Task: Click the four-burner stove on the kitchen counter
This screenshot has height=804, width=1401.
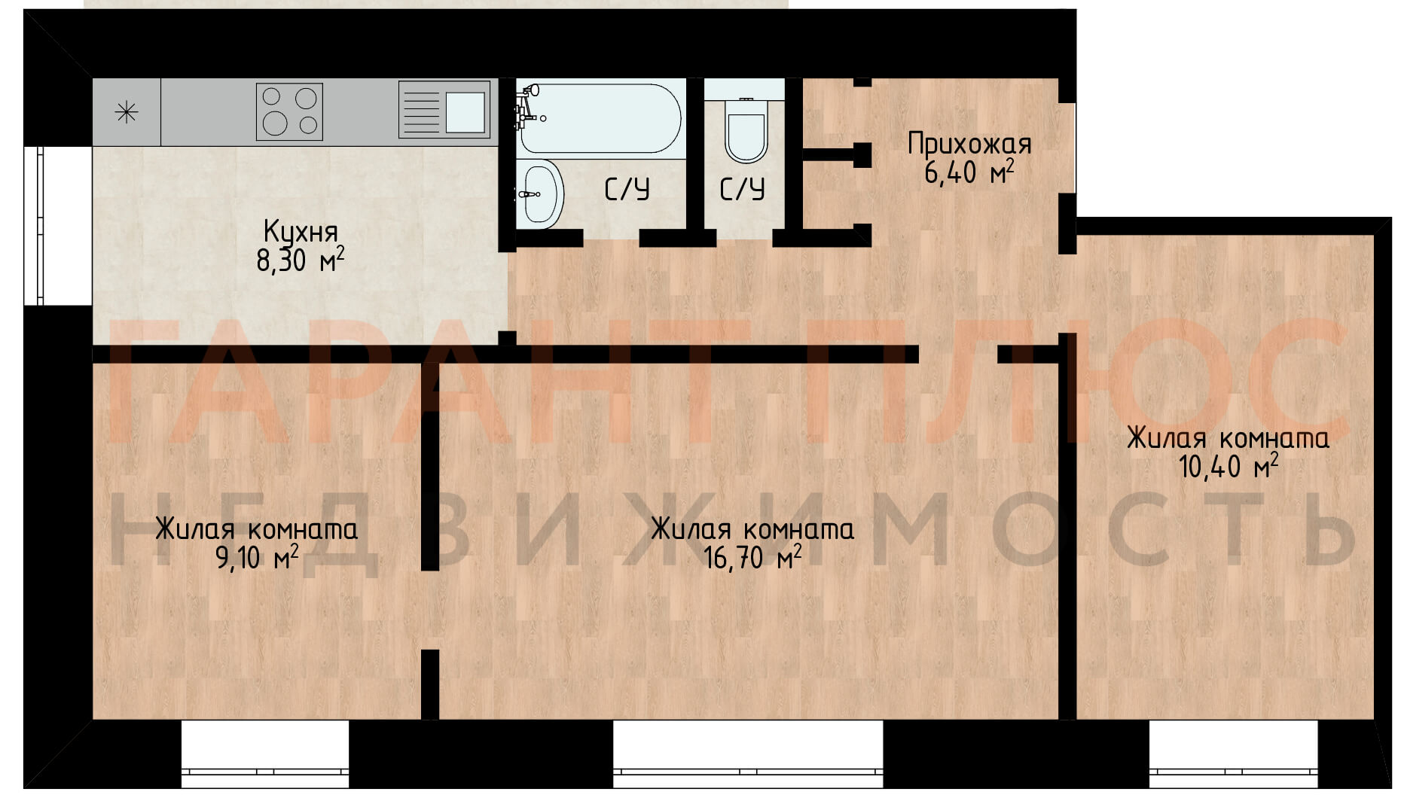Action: click(x=289, y=111)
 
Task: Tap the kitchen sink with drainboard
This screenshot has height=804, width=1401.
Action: click(x=444, y=110)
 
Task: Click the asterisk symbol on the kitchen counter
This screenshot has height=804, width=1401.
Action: click(x=126, y=113)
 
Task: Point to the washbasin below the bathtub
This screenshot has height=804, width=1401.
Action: click(x=540, y=193)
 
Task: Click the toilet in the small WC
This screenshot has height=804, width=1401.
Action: click(x=746, y=130)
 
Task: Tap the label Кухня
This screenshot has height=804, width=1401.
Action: click(x=301, y=231)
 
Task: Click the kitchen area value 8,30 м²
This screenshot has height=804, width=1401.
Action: click(x=301, y=260)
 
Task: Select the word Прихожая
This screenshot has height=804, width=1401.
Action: click(x=969, y=143)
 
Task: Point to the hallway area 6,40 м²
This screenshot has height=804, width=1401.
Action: click(x=969, y=172)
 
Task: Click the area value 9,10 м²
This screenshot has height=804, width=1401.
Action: click(x=257, y=558)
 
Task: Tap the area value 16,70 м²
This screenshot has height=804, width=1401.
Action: click(x=752, y=558)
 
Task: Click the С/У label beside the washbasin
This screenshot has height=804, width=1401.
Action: click(x=627, y=189)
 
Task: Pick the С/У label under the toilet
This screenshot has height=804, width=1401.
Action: click(x=742, y=189)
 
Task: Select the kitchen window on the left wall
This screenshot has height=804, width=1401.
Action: click(x=35, y=225)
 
